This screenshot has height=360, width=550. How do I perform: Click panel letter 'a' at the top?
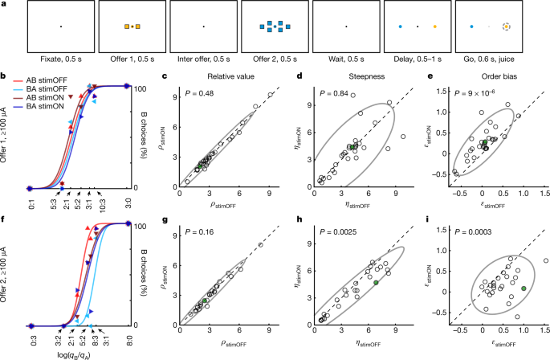point(5,5)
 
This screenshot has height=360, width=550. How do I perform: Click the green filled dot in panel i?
point(524,288)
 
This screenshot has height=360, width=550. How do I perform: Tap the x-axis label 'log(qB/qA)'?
point(75,354)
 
